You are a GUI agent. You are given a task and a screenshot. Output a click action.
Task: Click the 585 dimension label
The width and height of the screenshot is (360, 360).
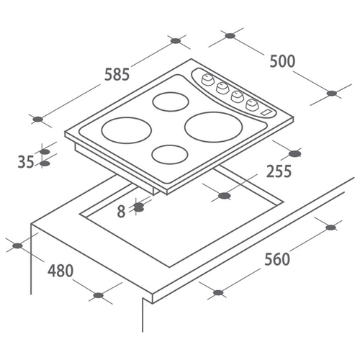117,74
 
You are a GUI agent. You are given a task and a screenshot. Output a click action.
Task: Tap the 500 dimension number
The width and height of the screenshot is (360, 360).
282,61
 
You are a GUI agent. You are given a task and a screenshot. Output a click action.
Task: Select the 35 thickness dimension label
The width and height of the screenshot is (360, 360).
26,162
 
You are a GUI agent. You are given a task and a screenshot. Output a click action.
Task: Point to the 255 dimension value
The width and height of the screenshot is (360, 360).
279,171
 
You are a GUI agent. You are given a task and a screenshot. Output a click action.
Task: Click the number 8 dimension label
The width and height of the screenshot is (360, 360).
121,212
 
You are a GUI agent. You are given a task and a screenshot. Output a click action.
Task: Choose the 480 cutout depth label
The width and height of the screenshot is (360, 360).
60,271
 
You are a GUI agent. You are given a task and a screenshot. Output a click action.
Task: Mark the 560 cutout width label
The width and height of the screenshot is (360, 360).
277,259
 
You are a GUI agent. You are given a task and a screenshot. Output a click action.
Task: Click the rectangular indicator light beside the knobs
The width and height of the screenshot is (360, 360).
266,112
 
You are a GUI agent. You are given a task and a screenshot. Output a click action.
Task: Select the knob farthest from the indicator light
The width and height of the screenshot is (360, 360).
208,79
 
